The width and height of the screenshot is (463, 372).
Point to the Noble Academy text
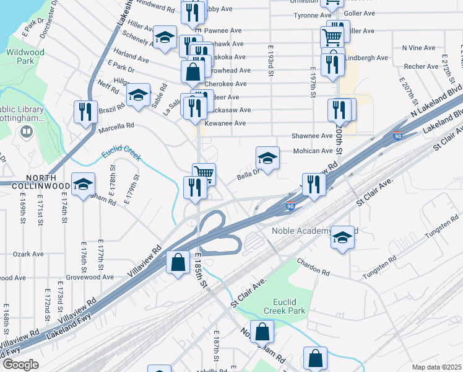301,231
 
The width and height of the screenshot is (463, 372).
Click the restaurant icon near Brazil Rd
85,112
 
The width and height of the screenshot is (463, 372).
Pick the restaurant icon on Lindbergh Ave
332,64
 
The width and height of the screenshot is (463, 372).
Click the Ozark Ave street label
29,254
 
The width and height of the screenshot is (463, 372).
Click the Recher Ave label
421,65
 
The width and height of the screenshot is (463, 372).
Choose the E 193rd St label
271,60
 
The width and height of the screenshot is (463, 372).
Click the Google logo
20,364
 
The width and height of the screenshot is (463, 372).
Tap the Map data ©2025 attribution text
436,367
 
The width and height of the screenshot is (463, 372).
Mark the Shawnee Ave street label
312,136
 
